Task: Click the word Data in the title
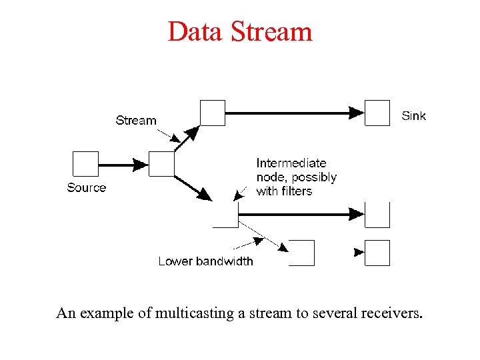[195, 31]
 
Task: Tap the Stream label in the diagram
[136, 121]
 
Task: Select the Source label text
[87, 188]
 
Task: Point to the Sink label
[413, 116]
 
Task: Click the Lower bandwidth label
[205, 261]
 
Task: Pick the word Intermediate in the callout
[291, 163]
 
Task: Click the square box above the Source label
[85, 164]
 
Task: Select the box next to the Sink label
[377, 113]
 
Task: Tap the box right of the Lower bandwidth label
[301, 253]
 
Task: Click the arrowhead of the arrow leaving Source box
[140, 164]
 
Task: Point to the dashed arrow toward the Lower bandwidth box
[263, 236]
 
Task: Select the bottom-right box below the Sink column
[377, 253]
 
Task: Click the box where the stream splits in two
[161, 164]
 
